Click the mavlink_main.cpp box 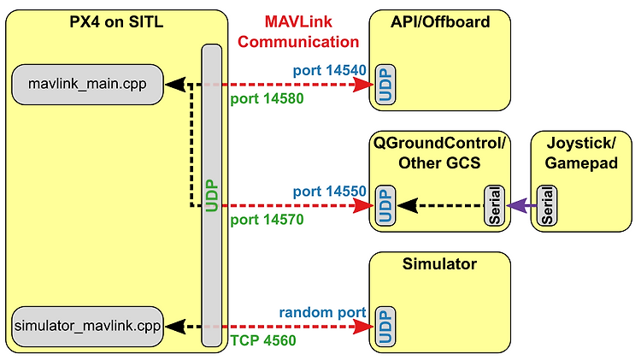tap(87, 85)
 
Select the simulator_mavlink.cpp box tap(87, 327)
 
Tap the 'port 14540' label tap(330, 70)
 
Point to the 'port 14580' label tap(267, 98)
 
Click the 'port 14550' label tap(330, 192)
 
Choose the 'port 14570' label tap(267, 220)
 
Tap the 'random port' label tap(322, 313)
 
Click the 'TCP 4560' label tap(263, 340)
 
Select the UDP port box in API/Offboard tap(385, 85)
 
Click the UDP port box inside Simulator tap(385, 327)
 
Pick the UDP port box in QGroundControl tap(385, 205)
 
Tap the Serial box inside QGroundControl tap(494, 205)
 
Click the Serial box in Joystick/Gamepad tap(547, 205)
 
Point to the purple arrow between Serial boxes tap(521, 205)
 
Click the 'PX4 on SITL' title tap(116, 21)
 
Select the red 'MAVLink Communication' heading tap(298, 32)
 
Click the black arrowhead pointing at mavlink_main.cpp tap(175, 85)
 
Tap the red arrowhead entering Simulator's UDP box tap(363, 327)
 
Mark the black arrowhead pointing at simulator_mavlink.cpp tap(175, 327)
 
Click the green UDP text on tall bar tap(212, 196)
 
